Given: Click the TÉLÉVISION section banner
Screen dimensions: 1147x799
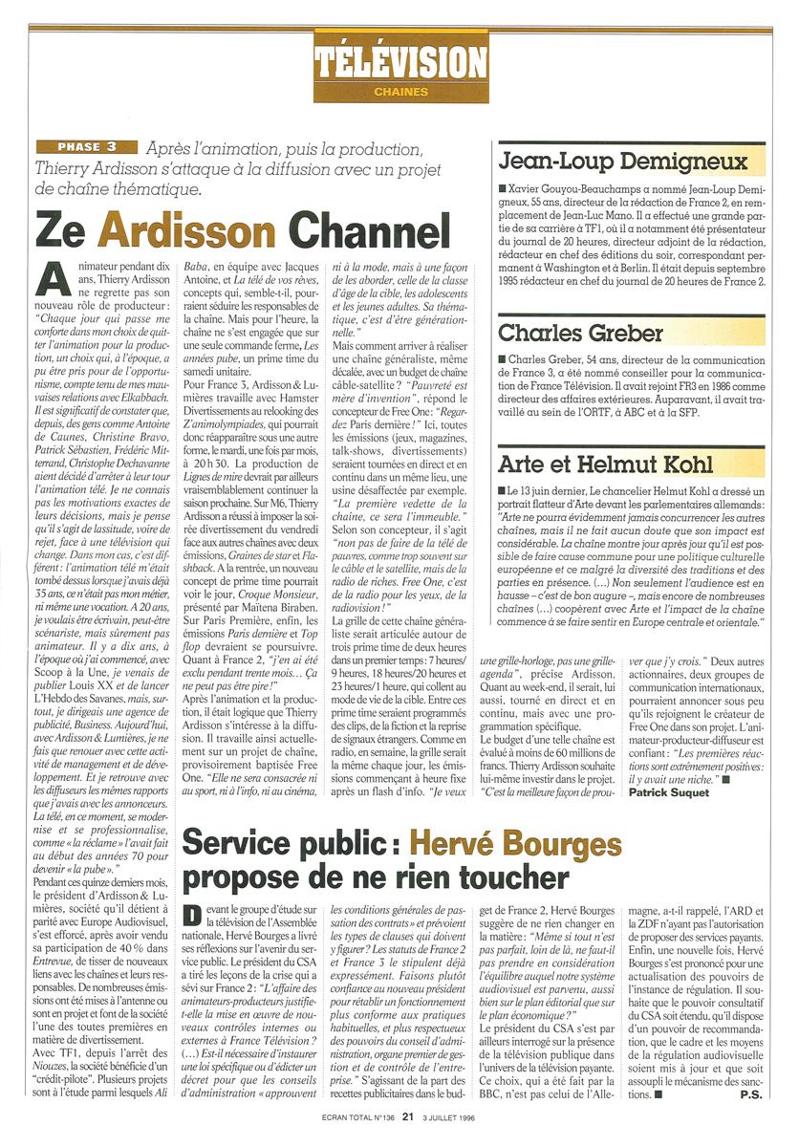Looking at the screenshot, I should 399,61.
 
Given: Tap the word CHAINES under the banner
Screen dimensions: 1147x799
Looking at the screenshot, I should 399,93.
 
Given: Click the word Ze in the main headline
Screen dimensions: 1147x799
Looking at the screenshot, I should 64,229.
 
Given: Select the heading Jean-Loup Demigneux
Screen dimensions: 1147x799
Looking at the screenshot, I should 622,161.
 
